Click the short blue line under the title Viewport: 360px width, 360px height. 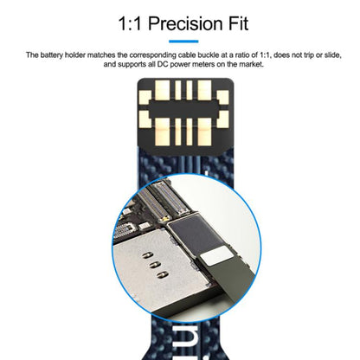coord(179,40)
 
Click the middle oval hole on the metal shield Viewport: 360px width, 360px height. coord(155,270)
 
